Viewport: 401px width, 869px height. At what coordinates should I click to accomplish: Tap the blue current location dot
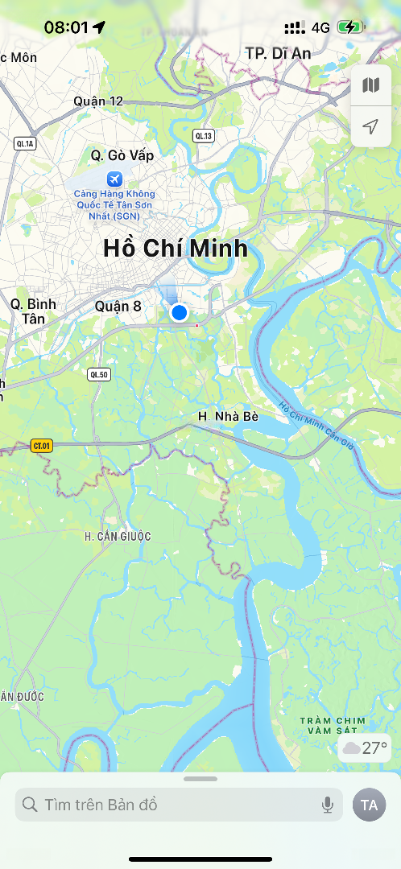point(179,312)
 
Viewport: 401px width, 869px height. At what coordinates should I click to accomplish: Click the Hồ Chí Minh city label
point(176,249)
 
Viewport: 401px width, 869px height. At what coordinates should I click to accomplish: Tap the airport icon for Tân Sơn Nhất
point(114,178)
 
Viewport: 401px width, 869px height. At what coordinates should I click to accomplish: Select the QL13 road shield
point(204,136)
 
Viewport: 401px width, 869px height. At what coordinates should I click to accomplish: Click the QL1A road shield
point(26,144)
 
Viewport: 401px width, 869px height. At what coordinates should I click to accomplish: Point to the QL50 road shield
point(98,374)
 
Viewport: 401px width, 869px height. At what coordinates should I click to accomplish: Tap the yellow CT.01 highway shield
point(41,446)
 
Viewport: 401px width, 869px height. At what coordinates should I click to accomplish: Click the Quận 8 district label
point(118,306)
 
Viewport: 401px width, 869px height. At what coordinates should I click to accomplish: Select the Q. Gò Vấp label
point(122,154)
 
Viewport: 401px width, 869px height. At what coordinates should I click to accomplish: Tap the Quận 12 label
point(98,101)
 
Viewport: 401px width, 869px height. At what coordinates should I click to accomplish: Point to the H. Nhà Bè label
point(229,417)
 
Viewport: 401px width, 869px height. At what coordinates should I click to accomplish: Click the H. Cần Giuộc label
point(118,536)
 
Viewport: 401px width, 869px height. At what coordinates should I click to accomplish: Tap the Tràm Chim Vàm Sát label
point(332,725)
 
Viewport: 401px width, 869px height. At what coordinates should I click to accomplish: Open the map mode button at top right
point(370,85)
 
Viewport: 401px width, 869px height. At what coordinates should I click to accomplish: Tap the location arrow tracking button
point(370,127)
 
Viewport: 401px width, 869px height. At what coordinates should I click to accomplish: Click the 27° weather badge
point(366,748)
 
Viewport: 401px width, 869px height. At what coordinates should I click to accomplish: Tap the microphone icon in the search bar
point(328,805)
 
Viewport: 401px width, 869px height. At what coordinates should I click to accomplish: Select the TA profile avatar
point(370,805)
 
